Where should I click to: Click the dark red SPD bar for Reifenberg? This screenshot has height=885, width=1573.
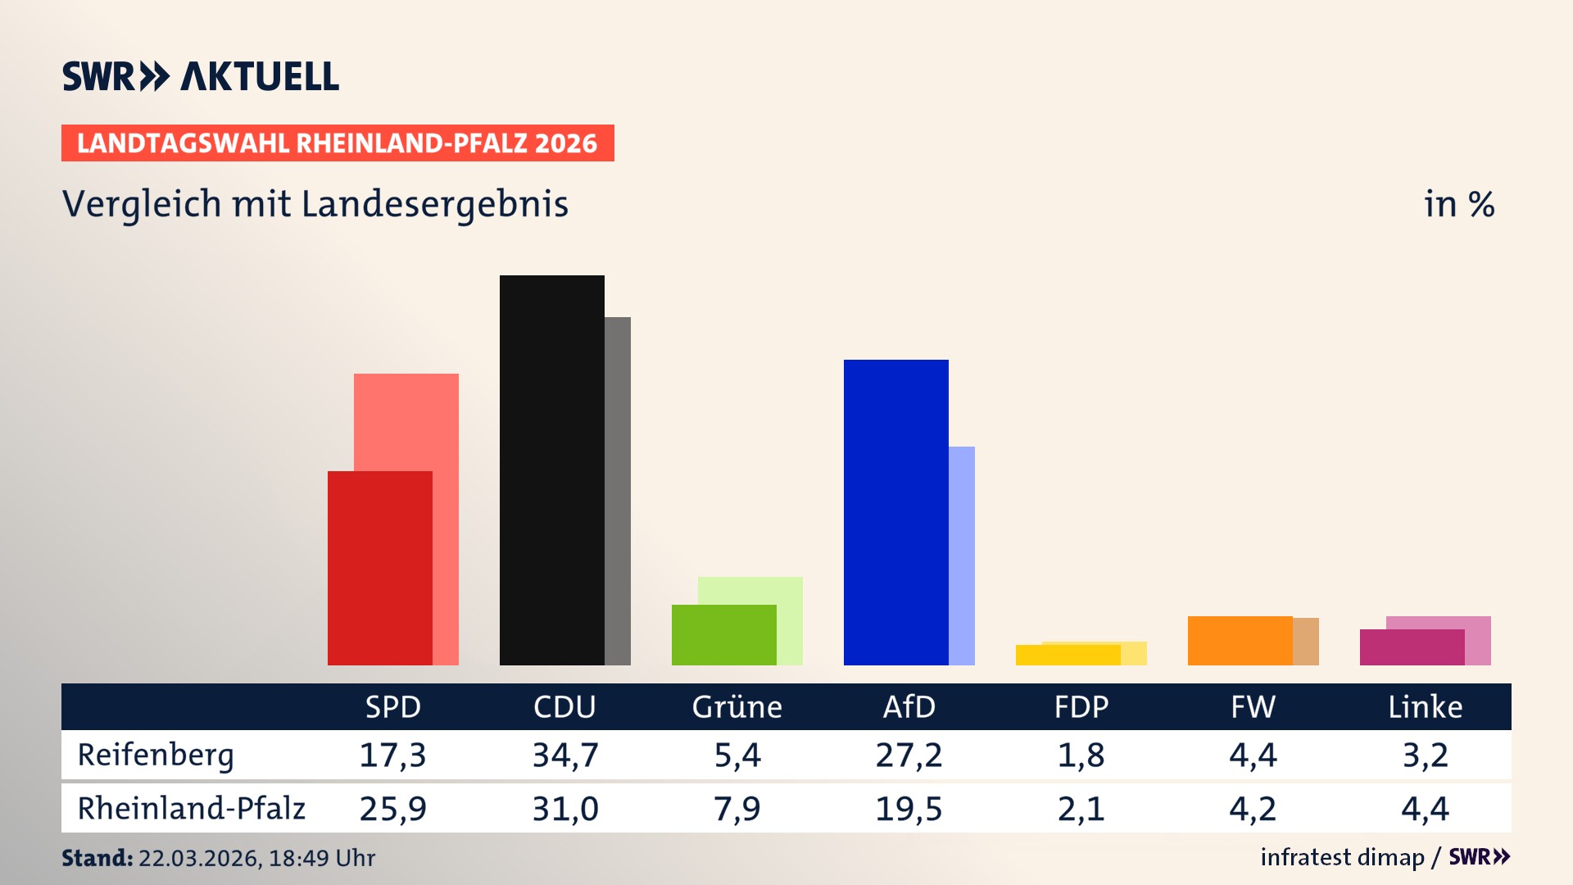(379, 568)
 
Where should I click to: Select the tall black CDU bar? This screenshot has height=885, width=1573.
(551, 470)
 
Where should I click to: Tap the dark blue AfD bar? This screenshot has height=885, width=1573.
(895, 512)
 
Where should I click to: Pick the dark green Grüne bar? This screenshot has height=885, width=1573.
(723, 635)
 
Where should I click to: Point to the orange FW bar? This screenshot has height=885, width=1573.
(1240, 640)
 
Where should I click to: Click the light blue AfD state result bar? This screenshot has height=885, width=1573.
(962, 556)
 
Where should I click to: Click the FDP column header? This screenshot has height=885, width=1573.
(1081, 706)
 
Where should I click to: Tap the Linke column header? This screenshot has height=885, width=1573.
(1425, 706)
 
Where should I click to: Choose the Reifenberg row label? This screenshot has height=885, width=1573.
(156, 755)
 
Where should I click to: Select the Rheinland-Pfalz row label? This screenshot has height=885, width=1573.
(191, 808)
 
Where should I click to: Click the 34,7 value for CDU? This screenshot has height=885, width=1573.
(565, 755)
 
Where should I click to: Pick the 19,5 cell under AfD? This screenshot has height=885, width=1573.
(909, 809)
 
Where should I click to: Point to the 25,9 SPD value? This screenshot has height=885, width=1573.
(392, 809)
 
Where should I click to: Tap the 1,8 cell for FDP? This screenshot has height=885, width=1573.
(1081, 755)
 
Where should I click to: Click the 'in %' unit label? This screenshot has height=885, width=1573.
(1458, 204)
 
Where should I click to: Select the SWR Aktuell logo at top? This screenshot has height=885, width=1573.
(201, 76)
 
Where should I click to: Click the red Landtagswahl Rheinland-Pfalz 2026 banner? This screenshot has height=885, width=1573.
(338, 143)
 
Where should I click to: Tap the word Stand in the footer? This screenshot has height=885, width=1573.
(97, 858)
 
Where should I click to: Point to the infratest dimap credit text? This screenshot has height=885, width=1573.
(1342, 857)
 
